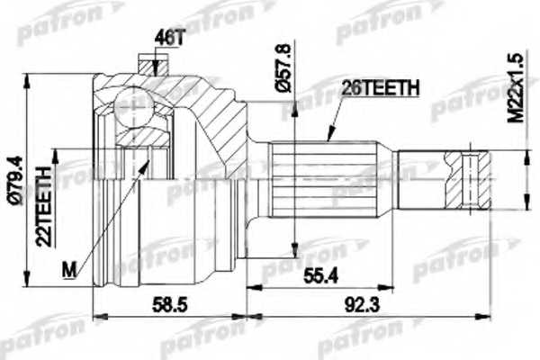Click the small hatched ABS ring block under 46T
click(148, 67)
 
